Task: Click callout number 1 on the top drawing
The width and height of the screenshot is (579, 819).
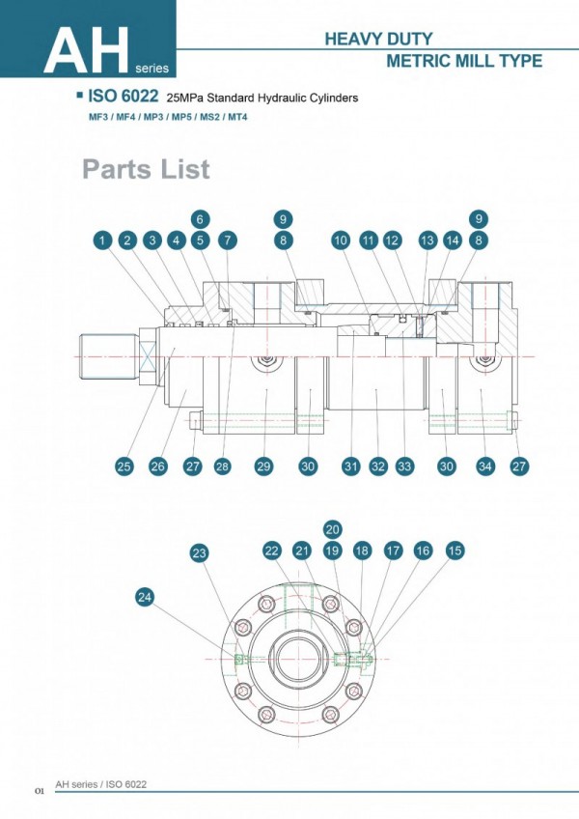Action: [102, 240]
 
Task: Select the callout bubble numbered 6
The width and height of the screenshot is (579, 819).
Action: [200, 218]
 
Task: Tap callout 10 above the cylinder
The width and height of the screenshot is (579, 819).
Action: [340, 240]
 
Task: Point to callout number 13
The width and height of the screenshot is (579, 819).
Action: [427, 240]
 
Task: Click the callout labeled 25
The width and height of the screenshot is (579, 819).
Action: [124, 466]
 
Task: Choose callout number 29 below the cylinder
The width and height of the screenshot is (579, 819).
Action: [263, 466]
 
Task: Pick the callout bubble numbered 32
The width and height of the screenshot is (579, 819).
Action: [378, 466]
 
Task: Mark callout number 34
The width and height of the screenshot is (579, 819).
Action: [485, 466]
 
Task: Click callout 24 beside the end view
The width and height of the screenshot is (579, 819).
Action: [145, 598]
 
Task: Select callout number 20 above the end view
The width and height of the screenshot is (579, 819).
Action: [333, 529]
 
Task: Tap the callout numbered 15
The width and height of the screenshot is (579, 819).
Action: [455, 551]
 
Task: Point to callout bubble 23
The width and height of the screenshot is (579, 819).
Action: [200, 553]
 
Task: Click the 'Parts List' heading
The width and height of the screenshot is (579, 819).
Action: [146, 170]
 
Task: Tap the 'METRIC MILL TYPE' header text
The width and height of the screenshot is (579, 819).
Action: [463, 61]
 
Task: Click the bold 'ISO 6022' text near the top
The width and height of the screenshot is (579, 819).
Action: [124, 97]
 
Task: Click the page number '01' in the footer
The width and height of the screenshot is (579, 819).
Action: [40, 791]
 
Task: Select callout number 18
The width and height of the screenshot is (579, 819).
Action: [362, 551]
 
